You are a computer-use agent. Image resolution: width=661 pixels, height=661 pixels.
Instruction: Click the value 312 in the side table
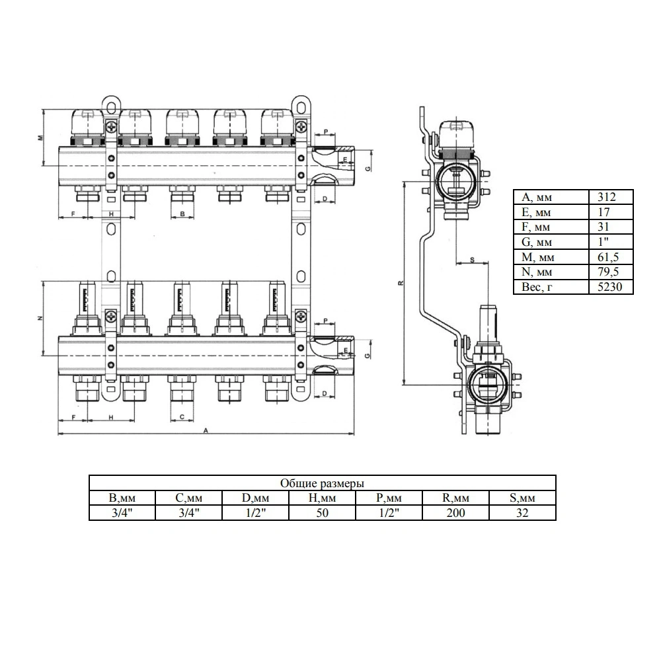pyautogui.click(x=607, y=197)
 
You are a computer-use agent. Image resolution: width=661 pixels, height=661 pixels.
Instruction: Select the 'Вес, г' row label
pyautogui.click(x=537, y=287)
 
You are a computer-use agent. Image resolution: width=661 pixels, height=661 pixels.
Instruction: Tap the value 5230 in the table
pyautogui.click(x=609, y=287)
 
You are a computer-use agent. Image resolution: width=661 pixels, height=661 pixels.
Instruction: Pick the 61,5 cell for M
pyautogui.click(x=608, y=257)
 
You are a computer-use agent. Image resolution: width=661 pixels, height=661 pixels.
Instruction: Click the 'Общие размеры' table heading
pyautogui.click(x=322, y=483)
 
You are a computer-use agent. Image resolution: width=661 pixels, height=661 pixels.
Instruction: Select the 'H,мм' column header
pyautogui.click(x=322, y=498)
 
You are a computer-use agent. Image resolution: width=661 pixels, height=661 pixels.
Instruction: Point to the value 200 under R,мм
pyautogui.click(x=455, y=513)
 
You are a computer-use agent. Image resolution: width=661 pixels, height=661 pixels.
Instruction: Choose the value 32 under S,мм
pyautogui.click(x=522, y=513)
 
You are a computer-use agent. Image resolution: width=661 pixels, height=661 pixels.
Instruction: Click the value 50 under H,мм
pyautogui.click(x=322, y=513)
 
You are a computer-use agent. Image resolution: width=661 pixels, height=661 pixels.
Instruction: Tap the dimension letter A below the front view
pyautogui.click(x=206, y=430)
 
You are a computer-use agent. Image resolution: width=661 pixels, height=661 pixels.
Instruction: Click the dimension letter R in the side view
pyautogui.click(x=401, y=283)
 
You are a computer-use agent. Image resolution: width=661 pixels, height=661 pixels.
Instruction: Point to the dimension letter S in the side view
pyautogui.click(x=472, y=260)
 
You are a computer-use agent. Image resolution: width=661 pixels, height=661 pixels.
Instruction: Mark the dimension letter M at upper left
pyautogui.click(x=40, y=138)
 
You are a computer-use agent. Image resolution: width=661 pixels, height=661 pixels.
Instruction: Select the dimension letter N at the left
pyautogui.click(x=40, y=319)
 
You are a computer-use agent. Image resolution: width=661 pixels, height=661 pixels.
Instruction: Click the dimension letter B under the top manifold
pyautogui.click(x=182, y=214)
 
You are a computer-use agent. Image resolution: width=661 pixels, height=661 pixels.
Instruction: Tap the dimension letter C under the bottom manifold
pyautogui.click(x=182, y=417)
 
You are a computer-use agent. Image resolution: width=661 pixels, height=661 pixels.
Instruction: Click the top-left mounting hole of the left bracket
pyautogui.click(x=111, y=103)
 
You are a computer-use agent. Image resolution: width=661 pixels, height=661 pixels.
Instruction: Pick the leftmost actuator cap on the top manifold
pyautogui.click(x=87, y=127)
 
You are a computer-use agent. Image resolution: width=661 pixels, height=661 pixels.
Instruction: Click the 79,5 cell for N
pyautogui.click(x=608, y=272)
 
